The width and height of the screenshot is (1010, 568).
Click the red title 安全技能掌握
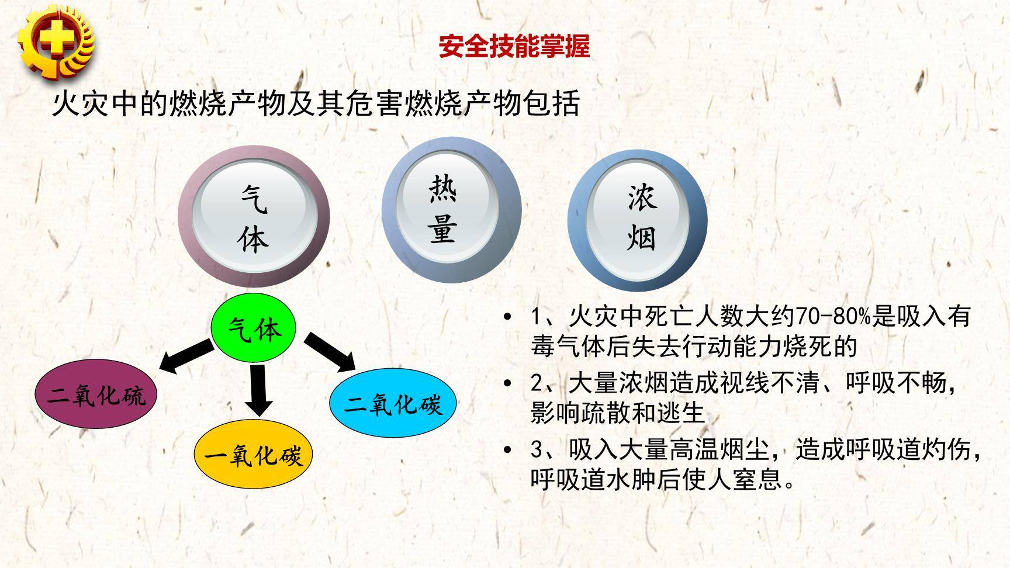(514, 46)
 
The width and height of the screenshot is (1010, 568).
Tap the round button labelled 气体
(254, 217)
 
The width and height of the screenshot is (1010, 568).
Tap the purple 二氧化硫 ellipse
(96, 396)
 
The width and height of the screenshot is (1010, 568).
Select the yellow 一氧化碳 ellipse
(254, 455)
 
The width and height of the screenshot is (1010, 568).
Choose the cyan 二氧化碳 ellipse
(392, 404)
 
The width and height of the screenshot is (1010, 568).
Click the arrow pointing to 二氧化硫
(186, 356)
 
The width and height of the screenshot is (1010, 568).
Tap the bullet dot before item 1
(507, 317)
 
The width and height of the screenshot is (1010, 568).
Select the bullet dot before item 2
(507, 384)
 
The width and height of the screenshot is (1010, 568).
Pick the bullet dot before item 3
(507, 450)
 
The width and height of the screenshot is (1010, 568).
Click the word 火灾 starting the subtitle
(81, 104)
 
